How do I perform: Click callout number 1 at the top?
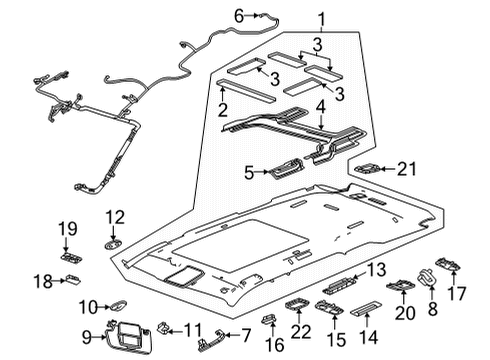coord(322,20)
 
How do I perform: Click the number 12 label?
coord(115,216)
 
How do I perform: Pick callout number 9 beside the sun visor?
coord(85,335)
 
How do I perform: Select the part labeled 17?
coord(449,266)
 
